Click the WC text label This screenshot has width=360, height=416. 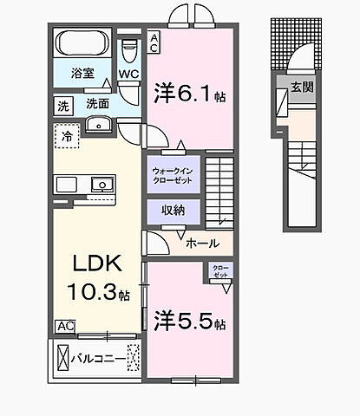128,75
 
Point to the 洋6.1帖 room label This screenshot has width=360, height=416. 190,93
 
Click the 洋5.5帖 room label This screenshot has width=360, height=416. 190,322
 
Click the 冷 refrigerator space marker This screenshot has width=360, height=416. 66,134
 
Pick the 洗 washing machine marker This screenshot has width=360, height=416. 62,104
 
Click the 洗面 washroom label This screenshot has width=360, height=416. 97,104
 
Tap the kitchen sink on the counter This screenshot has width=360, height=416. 101,184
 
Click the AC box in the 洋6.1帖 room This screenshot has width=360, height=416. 154,42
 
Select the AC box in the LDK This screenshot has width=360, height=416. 64,326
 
